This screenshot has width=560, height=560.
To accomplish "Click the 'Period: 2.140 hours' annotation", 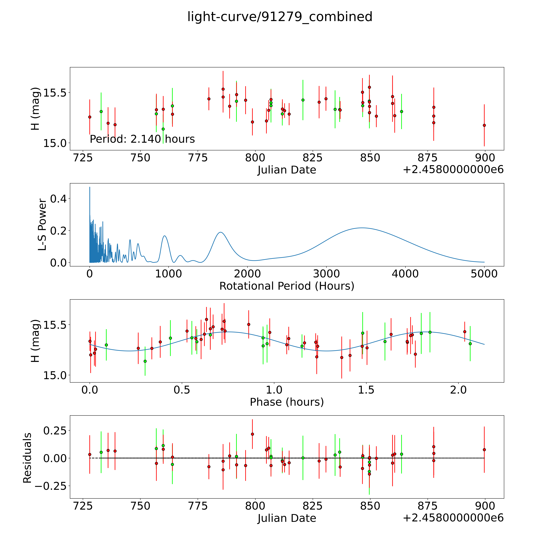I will [x=142, y=139].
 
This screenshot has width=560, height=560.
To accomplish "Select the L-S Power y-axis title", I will [x=42, y=225].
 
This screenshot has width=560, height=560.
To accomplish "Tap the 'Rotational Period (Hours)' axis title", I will [x=287, y=286].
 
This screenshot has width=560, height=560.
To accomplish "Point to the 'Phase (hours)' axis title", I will [x=287, y=402].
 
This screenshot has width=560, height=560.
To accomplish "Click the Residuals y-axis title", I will [x=27, y=458].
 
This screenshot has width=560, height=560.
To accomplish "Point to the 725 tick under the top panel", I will [x=83, y=158].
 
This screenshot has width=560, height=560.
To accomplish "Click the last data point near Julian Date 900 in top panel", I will [x=484, y=125].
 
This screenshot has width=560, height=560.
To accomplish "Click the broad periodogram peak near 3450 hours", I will [x=361, y=228].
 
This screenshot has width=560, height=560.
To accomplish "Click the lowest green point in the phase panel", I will [x=145, y=361].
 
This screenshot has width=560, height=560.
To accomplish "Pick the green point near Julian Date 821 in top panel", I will [x=303, y=100].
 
